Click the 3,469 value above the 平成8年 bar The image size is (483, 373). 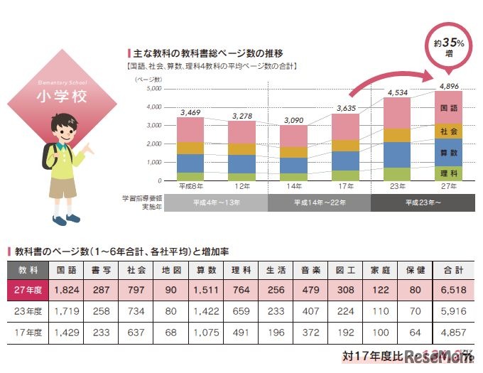tap(190, 112)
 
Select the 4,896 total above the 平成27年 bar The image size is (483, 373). tap(449, 86)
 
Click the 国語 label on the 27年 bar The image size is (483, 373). tap(449, 109)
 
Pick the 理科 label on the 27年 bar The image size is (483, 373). tap(449, 173)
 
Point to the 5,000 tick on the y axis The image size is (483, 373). tap(153, 90)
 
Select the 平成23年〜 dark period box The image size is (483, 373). tap(423, 202)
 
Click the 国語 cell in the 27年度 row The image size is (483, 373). tap(66, 290)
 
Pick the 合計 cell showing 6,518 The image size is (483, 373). tap(452, 290)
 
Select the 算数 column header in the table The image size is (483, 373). tap(207, 270)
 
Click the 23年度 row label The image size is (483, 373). tap(28, 310)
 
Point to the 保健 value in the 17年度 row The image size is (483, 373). tap(416, 331)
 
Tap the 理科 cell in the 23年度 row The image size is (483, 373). tap(241, 310)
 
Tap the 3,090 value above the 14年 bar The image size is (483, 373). tap(293, 120)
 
